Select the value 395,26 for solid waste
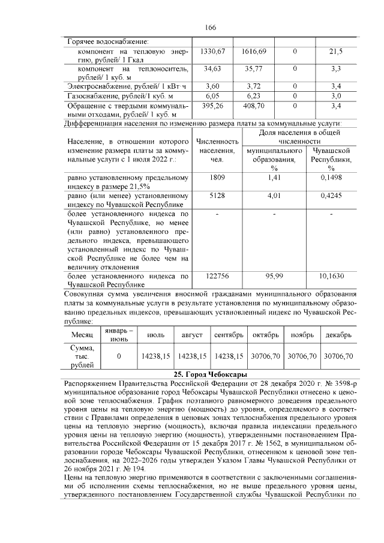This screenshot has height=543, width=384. [x=214, y=105]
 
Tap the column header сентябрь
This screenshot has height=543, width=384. [x=228, y=334]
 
